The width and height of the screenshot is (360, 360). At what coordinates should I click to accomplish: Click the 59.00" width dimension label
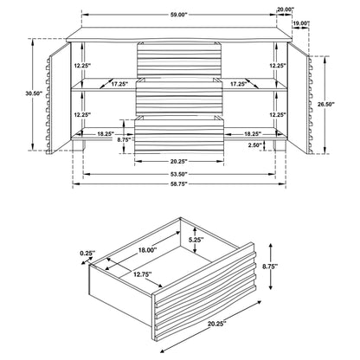click(x=179, y=16)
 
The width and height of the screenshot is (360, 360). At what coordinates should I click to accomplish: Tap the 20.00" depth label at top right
click(x=286, y=10)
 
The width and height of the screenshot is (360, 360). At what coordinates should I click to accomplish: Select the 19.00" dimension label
click(x=301, y=23)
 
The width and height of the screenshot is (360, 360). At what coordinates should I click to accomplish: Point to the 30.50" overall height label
click(x=34, y=93)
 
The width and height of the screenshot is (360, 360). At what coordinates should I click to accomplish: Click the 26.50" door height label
click(x=326, y=104)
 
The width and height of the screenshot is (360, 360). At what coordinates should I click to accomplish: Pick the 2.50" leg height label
click(x=254, y=145)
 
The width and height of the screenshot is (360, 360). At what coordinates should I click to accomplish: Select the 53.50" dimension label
click(x=179, y=174)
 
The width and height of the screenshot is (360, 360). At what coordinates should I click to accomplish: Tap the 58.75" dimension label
click(x=179, y=183)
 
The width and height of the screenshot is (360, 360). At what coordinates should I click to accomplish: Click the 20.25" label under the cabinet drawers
click(x=179, y=161)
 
